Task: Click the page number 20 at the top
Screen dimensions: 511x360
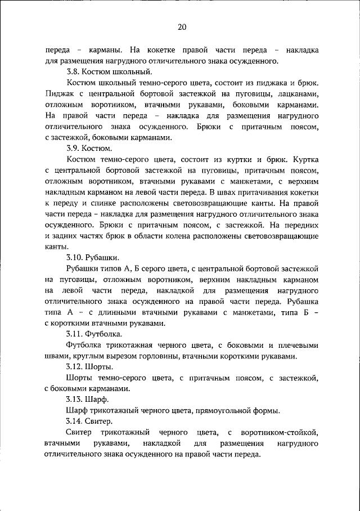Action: (x=181, y=26)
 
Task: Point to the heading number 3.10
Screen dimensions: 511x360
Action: (x=74, y=257)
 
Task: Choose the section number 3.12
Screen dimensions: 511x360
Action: (x=74, y=366)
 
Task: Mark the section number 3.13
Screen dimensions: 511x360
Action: (x=74, y=399)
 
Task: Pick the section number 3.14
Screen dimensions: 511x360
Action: (x=74, y=421)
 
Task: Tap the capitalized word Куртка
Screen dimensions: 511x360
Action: (x=304, y=159)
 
